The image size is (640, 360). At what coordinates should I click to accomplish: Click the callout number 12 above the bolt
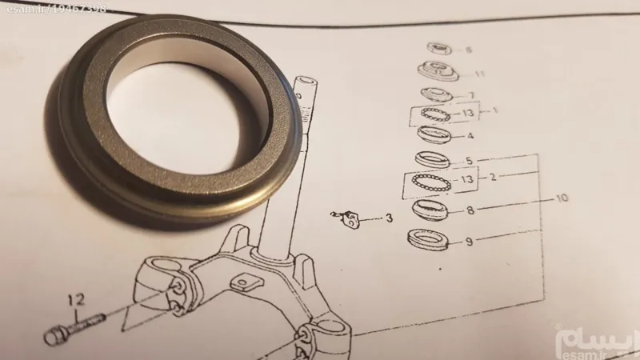pos(76,301)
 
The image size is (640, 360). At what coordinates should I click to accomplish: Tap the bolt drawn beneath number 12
pos(74,328)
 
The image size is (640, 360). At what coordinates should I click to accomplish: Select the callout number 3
pos(389,218)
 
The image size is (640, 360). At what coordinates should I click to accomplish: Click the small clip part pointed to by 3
pos(346,218)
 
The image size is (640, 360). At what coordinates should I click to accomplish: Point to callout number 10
pos(562,198)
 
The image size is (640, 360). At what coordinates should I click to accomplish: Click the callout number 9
pos(469,242)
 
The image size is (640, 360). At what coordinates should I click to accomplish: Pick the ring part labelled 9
pos(428,239)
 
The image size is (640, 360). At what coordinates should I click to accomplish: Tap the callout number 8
pos(470,210)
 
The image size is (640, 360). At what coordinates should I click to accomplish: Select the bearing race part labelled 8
pos(430,210)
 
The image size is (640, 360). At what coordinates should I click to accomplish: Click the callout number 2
pos(493,177)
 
